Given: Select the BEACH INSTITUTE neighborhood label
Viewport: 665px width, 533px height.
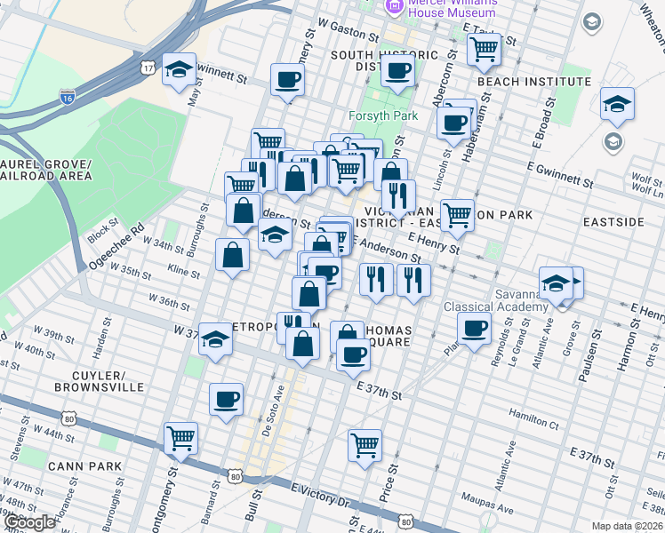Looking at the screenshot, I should pos(533,82).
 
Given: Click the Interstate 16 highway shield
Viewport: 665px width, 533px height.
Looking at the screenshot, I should pos(68,97).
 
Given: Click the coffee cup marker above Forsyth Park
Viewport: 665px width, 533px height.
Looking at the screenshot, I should pos(397,71).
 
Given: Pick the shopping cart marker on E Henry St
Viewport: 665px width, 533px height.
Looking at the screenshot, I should pos(457,215).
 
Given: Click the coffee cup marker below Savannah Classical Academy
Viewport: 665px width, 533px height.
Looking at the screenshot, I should pos(474,329).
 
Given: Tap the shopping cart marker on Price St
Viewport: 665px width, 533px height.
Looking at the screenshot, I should pos(365,446).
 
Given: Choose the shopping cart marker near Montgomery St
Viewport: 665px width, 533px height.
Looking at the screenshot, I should pos(180,438).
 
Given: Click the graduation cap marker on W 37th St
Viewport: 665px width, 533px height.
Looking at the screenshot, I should pos(214,339).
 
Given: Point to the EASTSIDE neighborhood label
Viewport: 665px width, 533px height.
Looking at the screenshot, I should pos(613,221).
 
